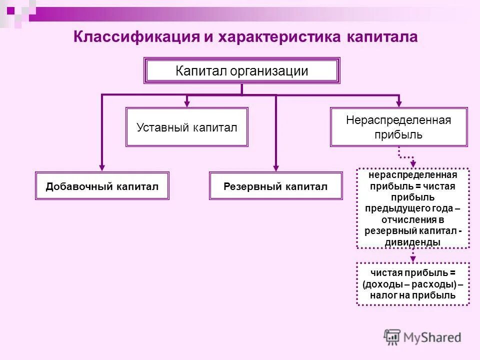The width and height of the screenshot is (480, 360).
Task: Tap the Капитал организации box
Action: (242, 71)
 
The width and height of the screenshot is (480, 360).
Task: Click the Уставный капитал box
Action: (186, 127)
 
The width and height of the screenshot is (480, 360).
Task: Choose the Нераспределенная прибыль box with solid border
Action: (398, 127)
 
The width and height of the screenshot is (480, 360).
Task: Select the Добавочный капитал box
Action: (102, 186)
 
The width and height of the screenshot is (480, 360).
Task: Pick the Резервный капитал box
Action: (275, 186)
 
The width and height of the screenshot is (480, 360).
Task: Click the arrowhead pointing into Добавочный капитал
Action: (102, 168)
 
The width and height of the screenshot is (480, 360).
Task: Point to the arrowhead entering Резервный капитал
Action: (275, 168)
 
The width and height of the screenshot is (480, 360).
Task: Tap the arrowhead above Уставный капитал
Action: (186, 103)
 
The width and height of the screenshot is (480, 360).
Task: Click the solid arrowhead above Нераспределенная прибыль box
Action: (398, 103)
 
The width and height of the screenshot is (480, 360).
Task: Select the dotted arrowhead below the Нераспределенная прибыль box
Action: (413, 164)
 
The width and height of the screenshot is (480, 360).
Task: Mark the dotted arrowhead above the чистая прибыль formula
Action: (413, 258)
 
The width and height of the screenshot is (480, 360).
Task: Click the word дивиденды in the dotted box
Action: (412, 242)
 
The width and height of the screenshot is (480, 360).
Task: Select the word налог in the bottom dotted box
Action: (382, 295)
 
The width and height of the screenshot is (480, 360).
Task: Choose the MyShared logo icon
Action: (392, 337)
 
